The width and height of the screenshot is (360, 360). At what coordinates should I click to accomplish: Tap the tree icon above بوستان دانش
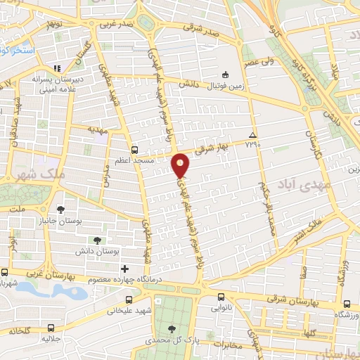coord(97,221)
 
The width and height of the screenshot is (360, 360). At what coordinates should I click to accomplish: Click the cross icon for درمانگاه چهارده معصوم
coord(125,268)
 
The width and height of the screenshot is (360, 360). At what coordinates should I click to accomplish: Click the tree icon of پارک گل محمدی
coord(172,328)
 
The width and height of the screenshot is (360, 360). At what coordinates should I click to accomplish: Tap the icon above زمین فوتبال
coord(224,75)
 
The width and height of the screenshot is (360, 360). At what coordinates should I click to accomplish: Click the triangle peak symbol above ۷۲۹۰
coord(252,134)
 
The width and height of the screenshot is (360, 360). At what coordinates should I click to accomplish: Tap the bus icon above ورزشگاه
coord(348,304)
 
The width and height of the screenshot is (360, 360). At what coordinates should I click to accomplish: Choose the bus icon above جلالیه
coord(51,327)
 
